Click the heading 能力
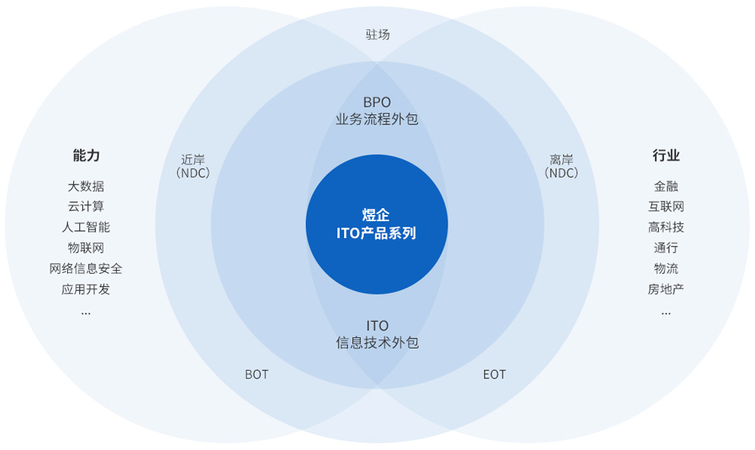tap(86, 156)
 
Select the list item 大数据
tap(86, 186)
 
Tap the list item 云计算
tap(86, 207)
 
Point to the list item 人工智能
tap(86, 227)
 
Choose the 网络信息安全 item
tap(86, 268)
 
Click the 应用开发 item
tap(86, 289)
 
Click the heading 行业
tap(666, 156)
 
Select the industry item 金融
tap(666, 186)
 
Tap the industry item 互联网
tap(666, 207)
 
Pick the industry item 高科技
tap(666, 227)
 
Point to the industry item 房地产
tap(666, 289)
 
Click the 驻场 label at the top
tap(377, 34)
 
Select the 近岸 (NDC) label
tap(193, 166)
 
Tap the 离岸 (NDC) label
tap(561, 166)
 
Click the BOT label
tap(256, 374)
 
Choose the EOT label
tap(494, 374)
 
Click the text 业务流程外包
tap(377, 120)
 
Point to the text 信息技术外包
tap(377, 343)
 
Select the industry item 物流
tap(666, 268)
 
